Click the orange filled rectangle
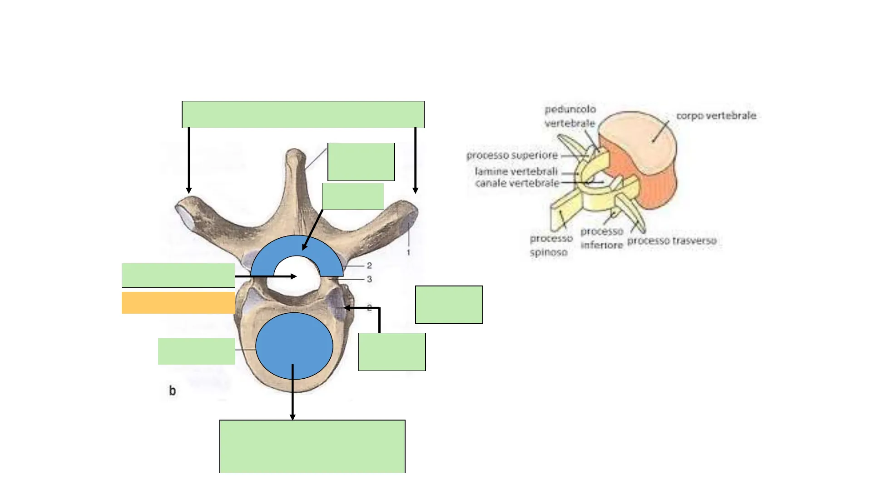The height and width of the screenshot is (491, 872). pyautogui.click(x=178, y=303)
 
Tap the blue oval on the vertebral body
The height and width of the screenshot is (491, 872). pyautogui.click(x=294, y=346)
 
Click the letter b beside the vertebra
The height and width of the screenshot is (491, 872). pyautogui.click(x=173, y=391)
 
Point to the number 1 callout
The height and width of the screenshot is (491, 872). pyautogui.click(x=408, y=253)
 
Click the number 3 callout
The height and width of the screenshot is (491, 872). pyautogui.click(x=369, y=279)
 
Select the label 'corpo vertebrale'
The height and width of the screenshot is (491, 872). pyautogui.click(x=716, y=116)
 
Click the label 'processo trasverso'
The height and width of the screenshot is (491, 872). pyautogui.click(x=672, y=241)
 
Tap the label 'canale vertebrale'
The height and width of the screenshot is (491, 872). pyautogui.click(x=517, y=183)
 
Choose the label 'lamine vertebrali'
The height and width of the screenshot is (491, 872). pyautogui.click(x=516, y=172)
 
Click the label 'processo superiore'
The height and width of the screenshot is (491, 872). pyautogui.click(x=512, y=155)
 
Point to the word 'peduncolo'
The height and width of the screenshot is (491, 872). pyautogui.click(x=570, y=110)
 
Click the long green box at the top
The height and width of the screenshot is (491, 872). pyautogui.click(x=303, y=115)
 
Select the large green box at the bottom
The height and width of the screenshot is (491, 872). pyautogui.click(x=312, y=446)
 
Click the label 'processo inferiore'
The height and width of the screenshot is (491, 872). pyautogui.click(x=601, y=238)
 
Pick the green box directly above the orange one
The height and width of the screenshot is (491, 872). pyautogui.click(x=178, y=275)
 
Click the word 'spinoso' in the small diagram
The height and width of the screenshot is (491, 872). pyautogui.click(x=548, y=252)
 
